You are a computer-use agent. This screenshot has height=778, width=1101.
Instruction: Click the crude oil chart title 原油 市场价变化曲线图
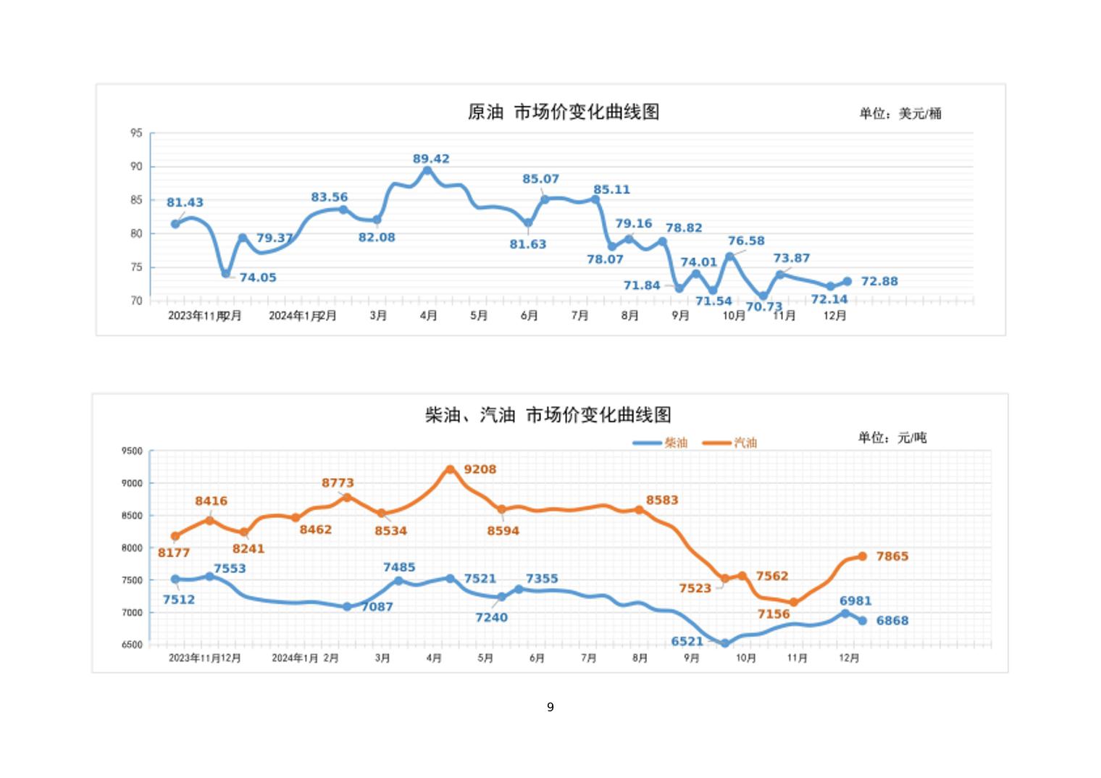click(x=564, y=112)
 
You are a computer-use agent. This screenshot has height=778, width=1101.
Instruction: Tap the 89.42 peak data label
click(x=431, y=159)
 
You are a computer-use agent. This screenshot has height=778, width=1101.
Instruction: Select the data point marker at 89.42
click(x=427, y=171)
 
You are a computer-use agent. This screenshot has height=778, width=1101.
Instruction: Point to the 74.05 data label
click(x=258, y=277)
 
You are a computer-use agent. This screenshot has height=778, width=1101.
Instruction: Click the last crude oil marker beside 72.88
click(x=847, y=282)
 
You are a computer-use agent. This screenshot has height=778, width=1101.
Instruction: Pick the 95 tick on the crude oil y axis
click(x=136, y=133)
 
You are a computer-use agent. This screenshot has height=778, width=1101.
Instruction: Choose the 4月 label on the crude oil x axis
click(x=428, y=316)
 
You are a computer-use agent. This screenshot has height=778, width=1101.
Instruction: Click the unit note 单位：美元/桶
click(x=900, y=113)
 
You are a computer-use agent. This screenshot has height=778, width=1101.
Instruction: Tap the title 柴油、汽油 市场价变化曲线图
click(x=548, y=415)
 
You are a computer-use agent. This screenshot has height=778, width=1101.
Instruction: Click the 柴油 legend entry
click(x=660, y=443)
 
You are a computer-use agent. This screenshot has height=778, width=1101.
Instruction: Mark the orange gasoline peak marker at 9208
click(x=450, y=469)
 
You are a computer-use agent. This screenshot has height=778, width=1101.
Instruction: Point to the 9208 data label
click(x=480, y=469)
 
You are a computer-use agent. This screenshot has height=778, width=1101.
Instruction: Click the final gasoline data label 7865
click(x=892, y=556)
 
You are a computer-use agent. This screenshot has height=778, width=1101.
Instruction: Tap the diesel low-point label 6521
click(x=687, y=641)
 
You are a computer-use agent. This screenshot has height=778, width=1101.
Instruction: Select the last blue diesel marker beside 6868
click(x=863, y=621)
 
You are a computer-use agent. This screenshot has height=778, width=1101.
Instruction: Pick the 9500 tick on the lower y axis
click(x=132, y=451)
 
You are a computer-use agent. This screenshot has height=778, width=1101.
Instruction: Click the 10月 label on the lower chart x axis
click(x=746, y=658)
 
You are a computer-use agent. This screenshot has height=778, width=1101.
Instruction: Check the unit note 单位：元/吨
click(x=892, y=438)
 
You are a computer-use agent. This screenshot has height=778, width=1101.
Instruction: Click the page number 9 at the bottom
click(x=550, y=707)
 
